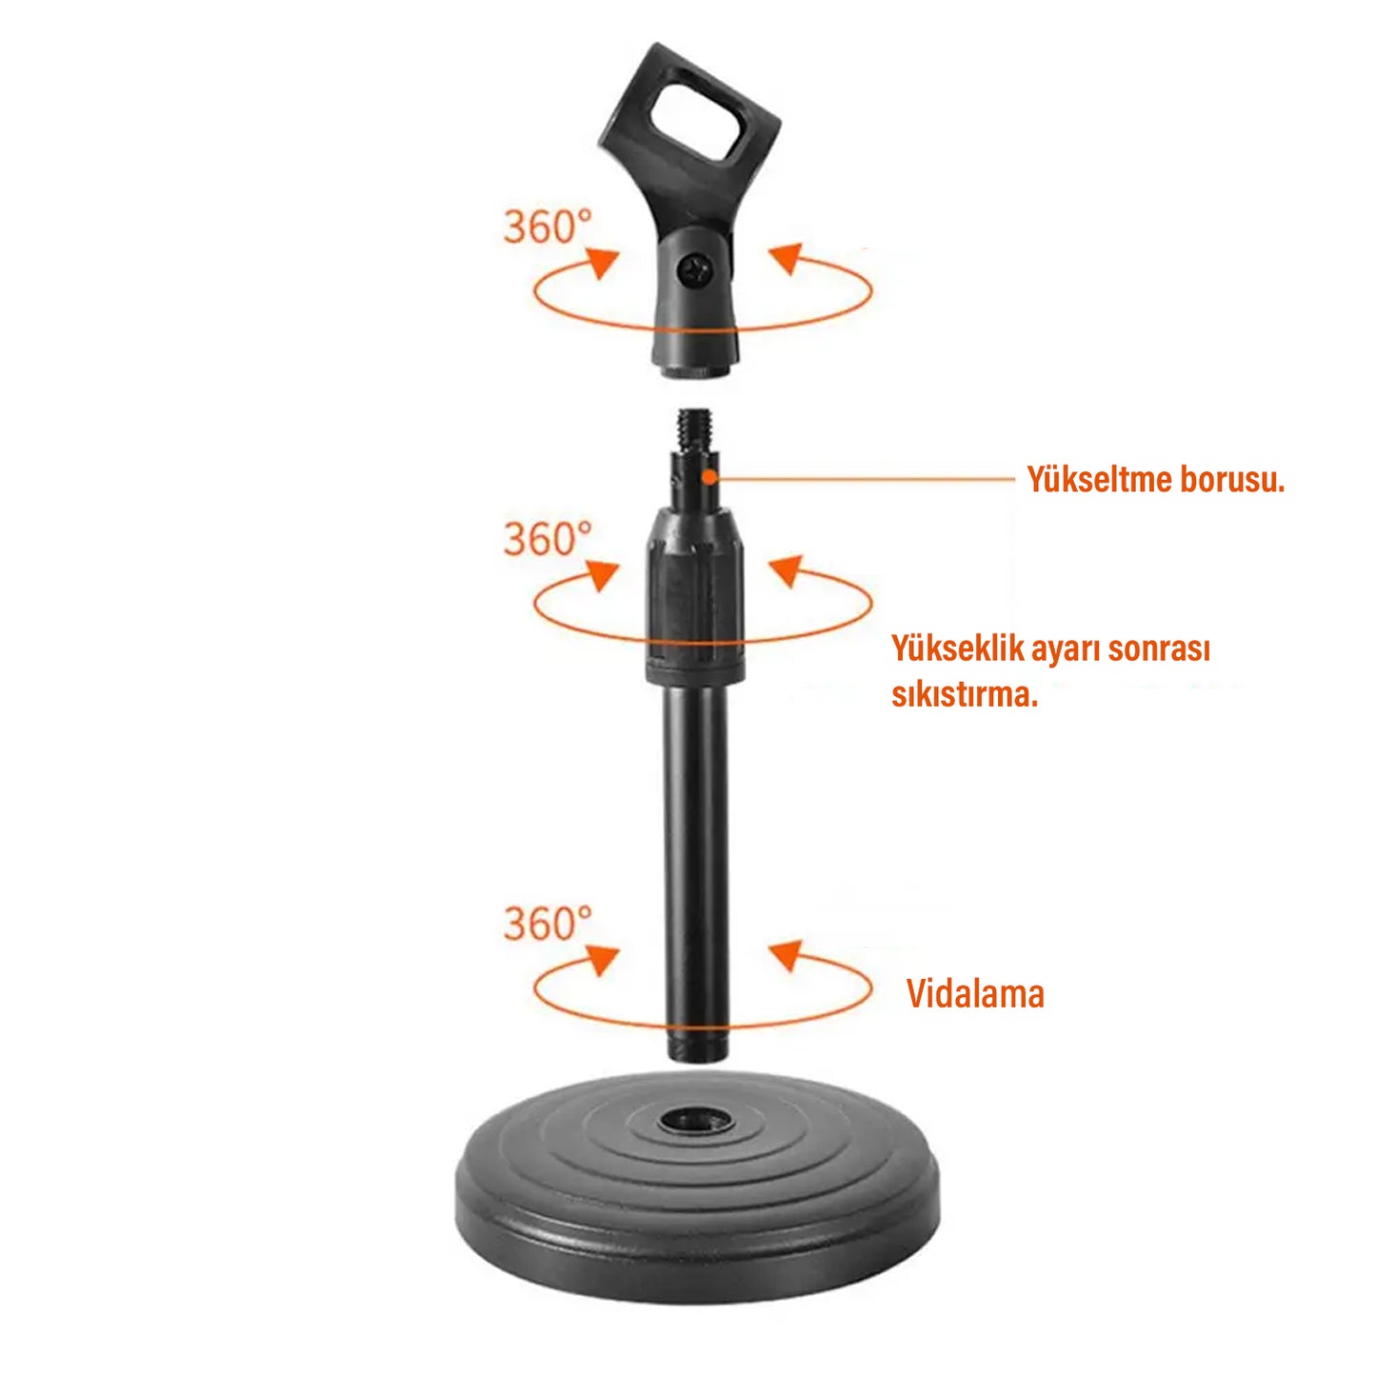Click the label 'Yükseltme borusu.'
click(x=1155, y=480)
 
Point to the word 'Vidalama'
click(x=975, y=994)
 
